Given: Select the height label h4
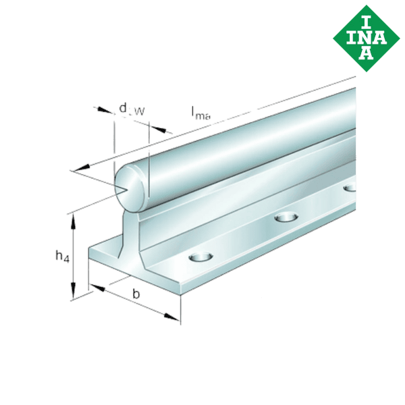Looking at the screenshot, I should point(61,256).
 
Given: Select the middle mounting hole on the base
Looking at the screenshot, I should point(286,217).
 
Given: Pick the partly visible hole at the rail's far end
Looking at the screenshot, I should point(350,188).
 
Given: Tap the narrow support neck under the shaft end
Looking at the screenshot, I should point(132,230).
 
